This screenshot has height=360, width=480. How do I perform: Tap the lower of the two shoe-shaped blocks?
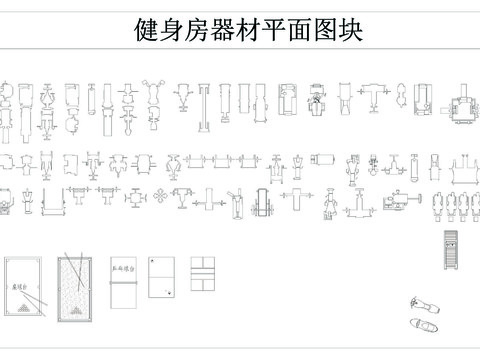click(425, 324)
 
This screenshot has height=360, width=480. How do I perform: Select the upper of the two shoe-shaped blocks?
click(420, 302)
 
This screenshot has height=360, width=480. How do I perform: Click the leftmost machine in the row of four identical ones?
click(436, 203)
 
